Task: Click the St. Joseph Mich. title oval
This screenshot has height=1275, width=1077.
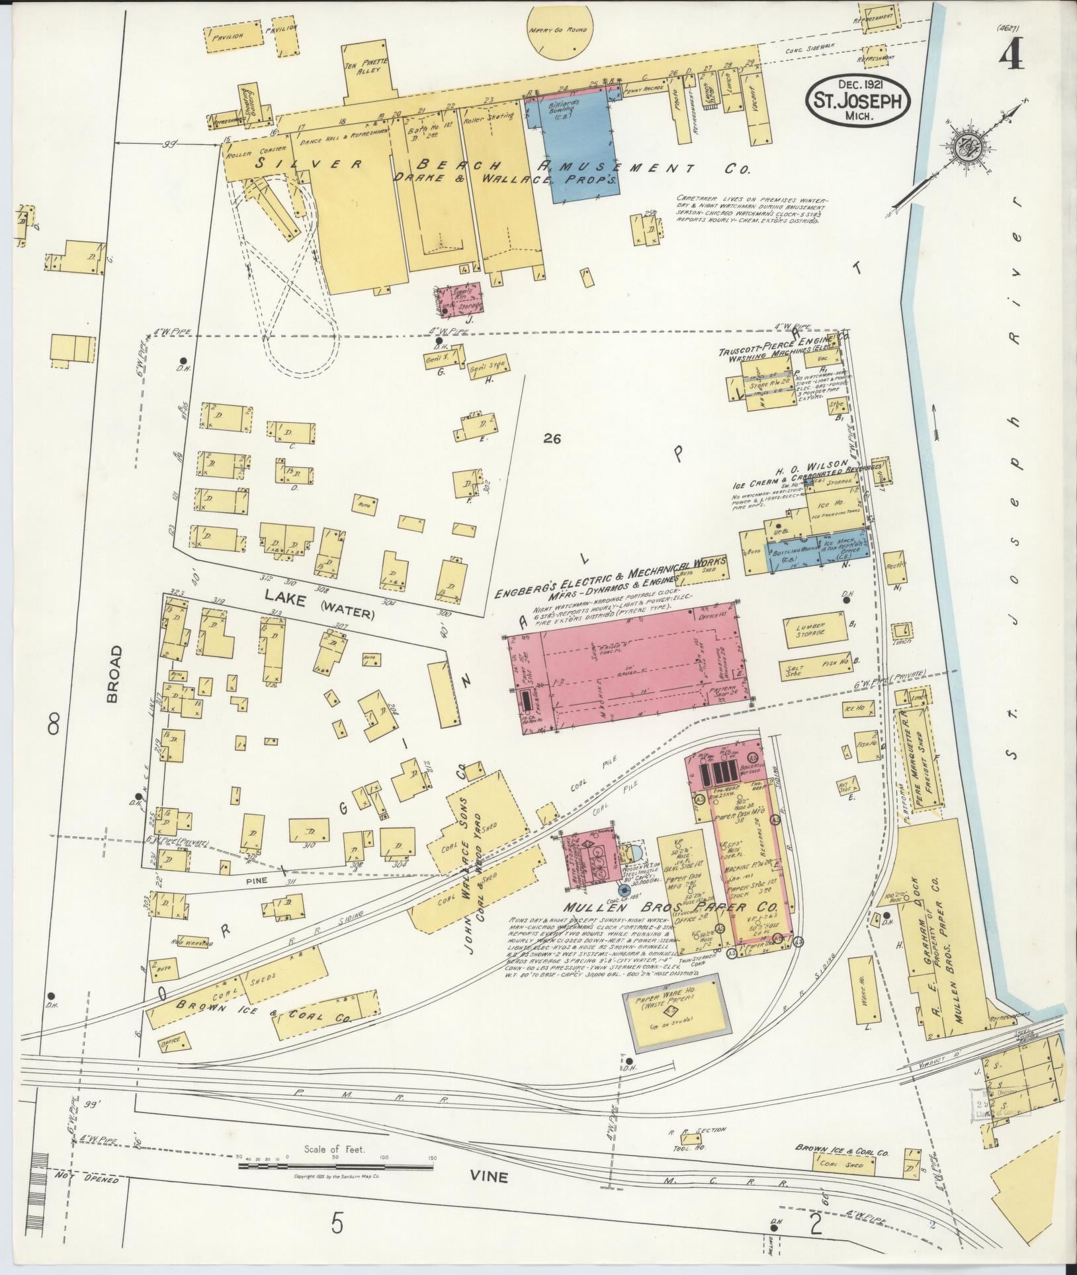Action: pyautogui.click(x=857, y=99)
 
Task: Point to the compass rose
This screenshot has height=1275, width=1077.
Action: pyautogui.click(x=967, y=147)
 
